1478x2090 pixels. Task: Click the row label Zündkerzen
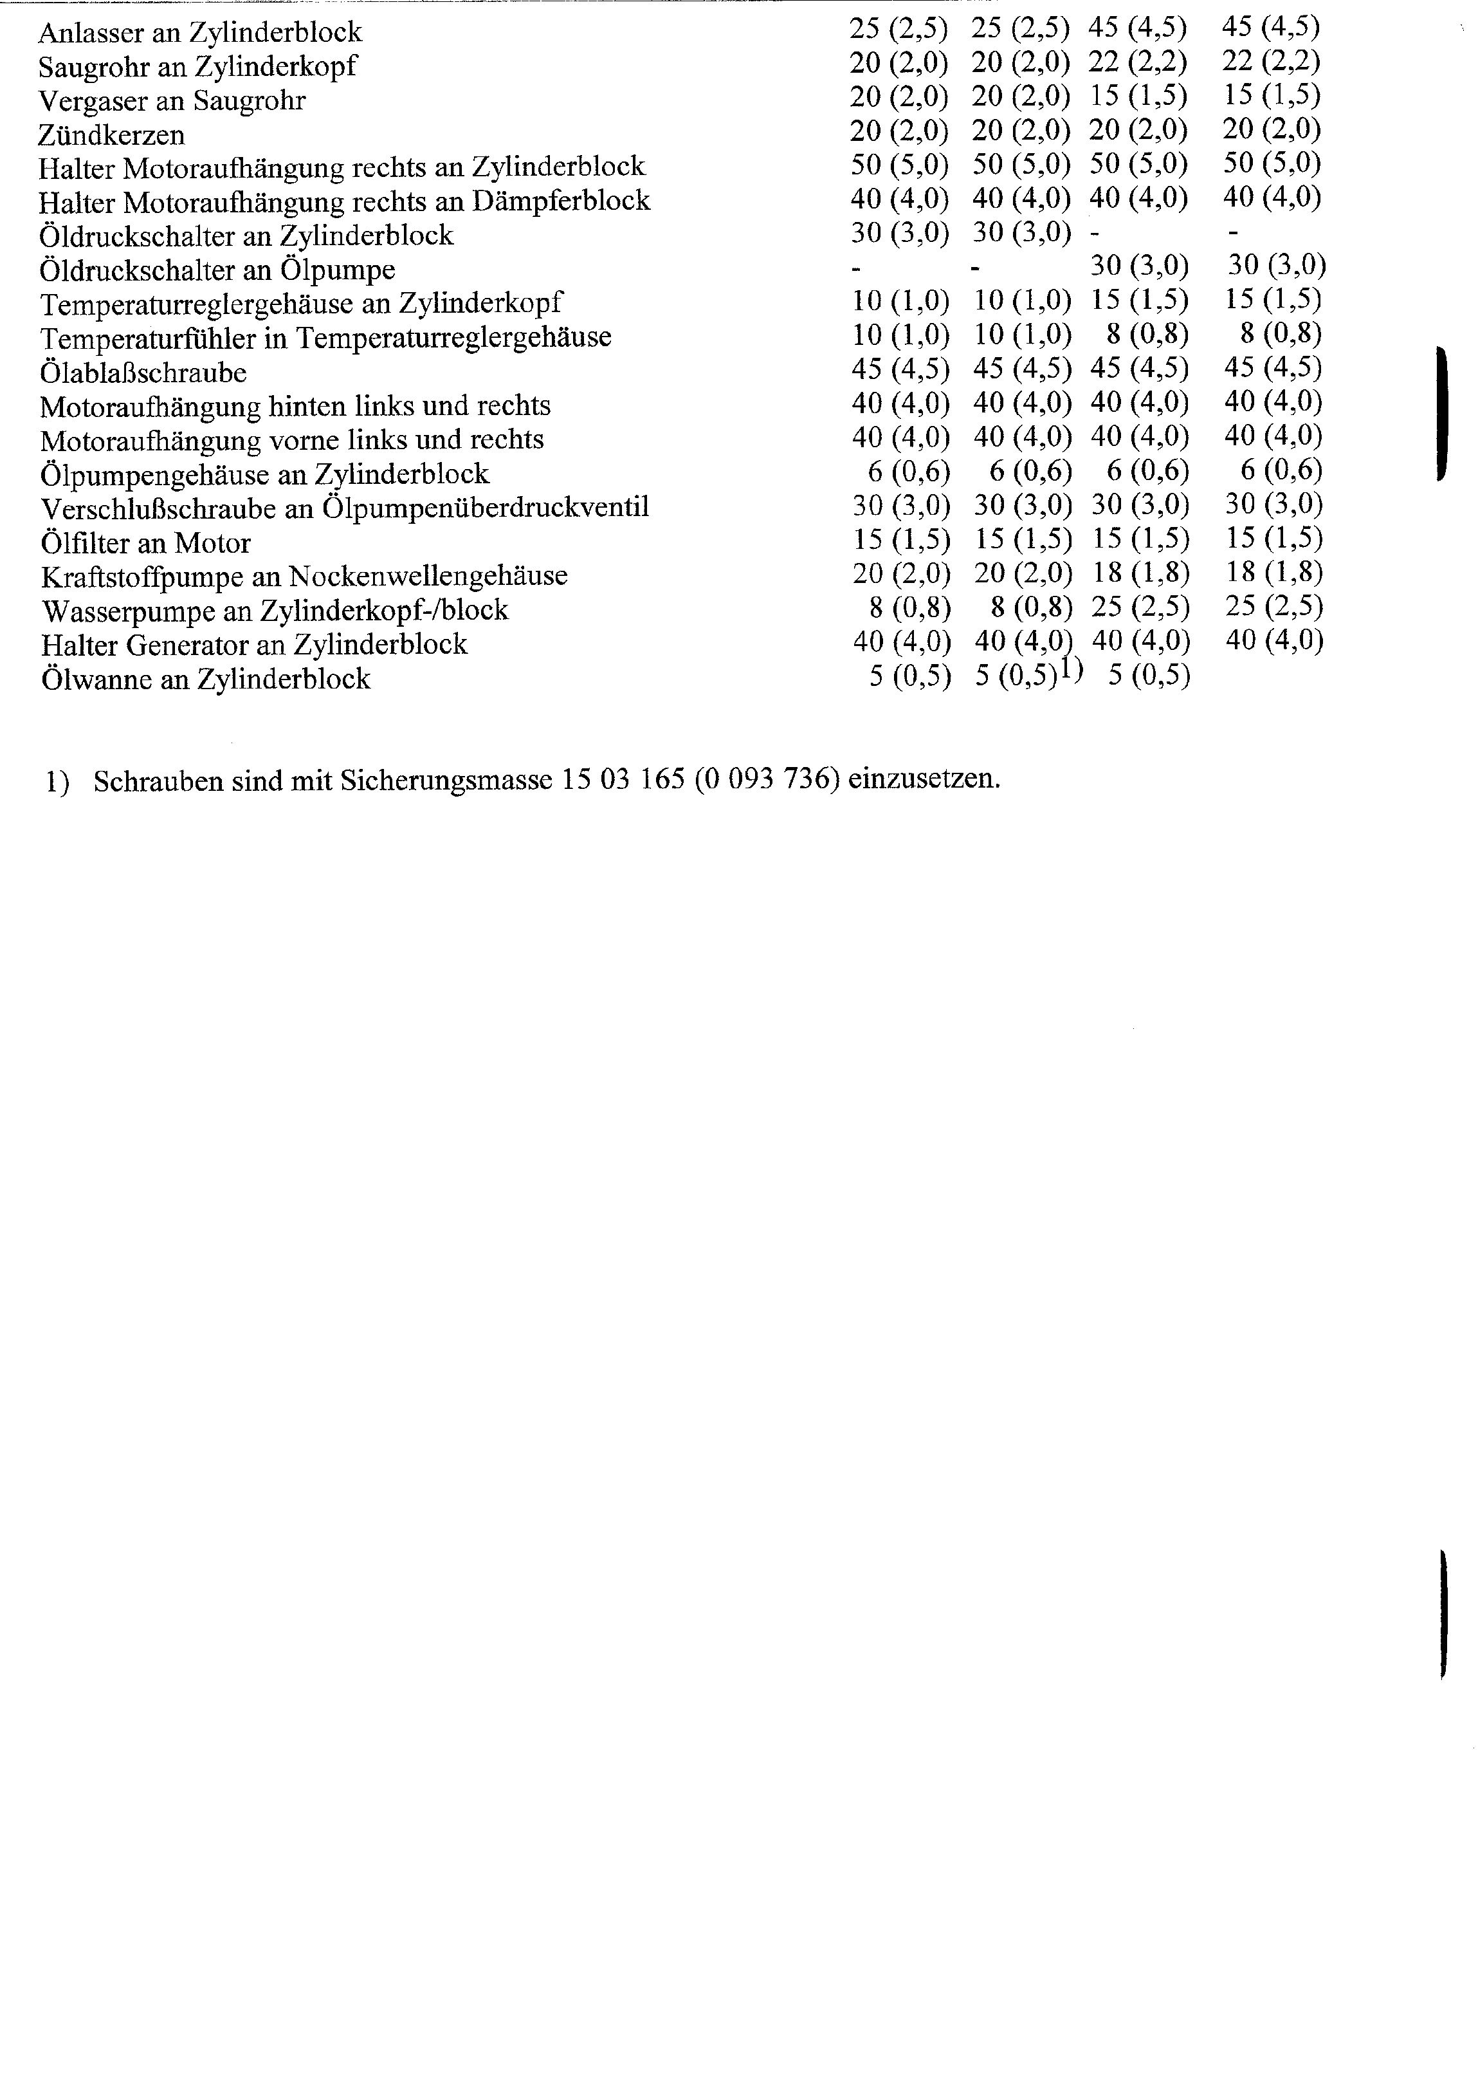pos(111,134)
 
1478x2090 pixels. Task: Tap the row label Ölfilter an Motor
pos(145,544)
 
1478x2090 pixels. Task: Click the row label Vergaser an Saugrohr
pos(171,100)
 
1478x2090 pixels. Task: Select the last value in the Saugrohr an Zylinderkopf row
pos(1272,61)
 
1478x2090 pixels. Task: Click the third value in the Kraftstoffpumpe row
pos(1140,573)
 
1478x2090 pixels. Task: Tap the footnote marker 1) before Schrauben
pos(57,782)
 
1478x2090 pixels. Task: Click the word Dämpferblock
pos(561,201)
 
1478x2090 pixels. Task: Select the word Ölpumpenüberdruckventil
pos(486,508)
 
